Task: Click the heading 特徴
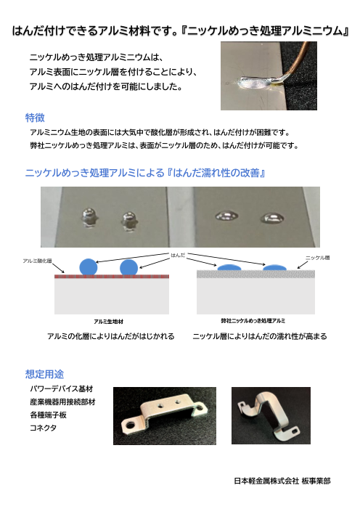[35, 118]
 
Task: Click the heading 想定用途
[44, 374]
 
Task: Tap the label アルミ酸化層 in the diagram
[37, 261]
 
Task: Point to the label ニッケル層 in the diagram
[317, 258]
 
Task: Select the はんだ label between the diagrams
[178, 255]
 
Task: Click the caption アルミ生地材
[108, 322]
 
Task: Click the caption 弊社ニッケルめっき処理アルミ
[253, 321]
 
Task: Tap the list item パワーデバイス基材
[62, 388]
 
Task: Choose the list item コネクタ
[43, 428]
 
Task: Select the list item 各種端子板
[48, 415]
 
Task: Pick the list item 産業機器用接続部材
[62, 402]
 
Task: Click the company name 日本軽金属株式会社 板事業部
[282, 481]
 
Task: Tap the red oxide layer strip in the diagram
[112, 277]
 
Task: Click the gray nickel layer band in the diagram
[255, 274]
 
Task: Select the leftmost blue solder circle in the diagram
[89, 267]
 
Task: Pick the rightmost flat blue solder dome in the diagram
[274, 268]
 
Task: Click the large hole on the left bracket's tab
[131, 424]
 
